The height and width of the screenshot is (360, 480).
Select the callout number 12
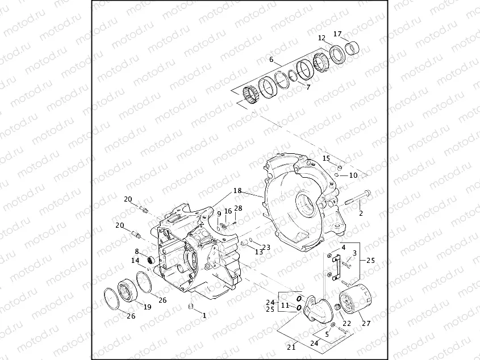click(x=322, y=38)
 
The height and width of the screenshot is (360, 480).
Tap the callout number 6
click(x=272, y=60)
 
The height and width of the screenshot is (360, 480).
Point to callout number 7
click(x=308, y=87)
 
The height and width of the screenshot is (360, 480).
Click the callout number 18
click(x=237, y=191)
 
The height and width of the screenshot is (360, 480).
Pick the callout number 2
click(x=360, y=214)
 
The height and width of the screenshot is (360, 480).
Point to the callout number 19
click(x=147, y=307)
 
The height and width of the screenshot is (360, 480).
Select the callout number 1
click(x=204, y=314)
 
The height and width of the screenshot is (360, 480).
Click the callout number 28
click(x=238, y=208)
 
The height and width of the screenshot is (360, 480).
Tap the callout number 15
click(x=326, y=158)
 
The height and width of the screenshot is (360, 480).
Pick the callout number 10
click(x=353, y=175)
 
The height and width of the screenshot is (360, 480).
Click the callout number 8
click(x=136, y=251)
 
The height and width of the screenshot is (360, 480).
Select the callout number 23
click(x=266, y=248)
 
